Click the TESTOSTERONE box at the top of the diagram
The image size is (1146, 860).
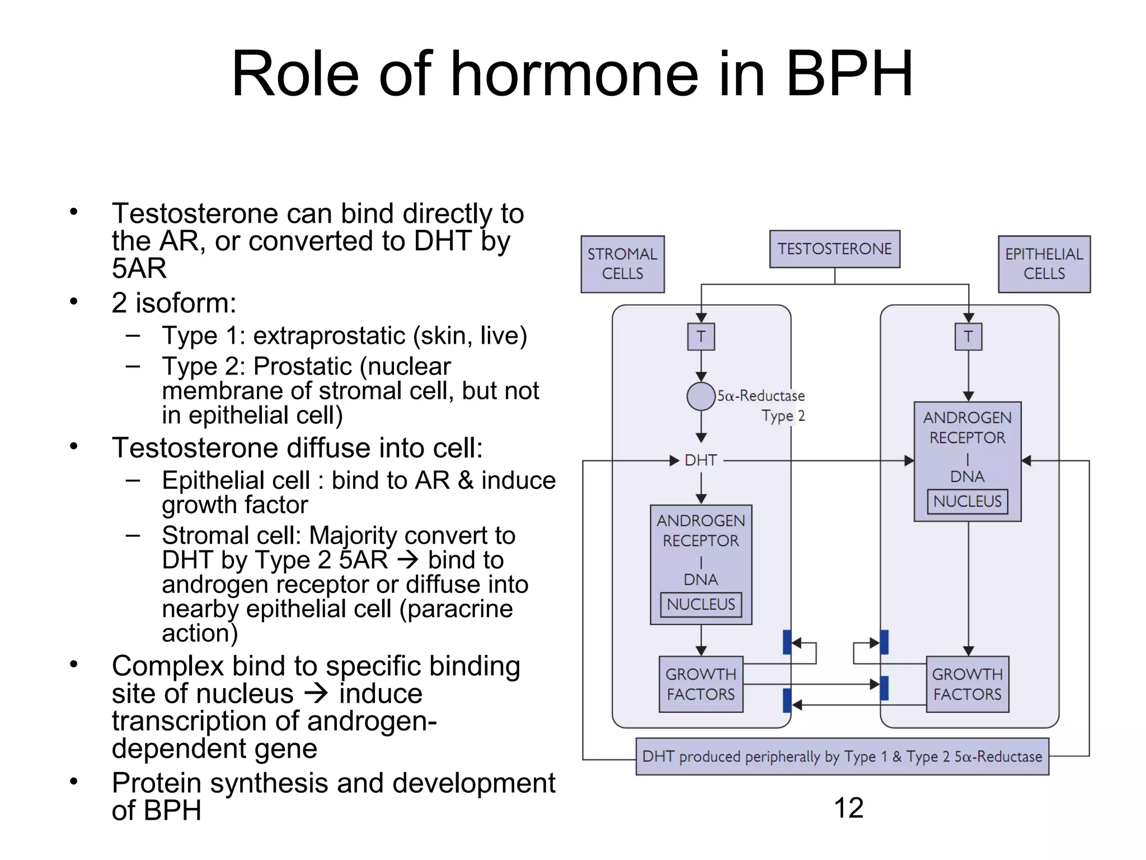834,249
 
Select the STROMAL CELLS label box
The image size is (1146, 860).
622,264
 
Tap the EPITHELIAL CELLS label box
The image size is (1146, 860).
1044,264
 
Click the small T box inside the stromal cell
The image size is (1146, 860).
701,336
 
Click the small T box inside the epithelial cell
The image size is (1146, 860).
968,336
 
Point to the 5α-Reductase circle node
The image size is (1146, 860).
701,396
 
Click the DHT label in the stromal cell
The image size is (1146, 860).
701,460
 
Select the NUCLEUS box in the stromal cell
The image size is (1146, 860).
701,604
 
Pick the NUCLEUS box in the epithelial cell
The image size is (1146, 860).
967,501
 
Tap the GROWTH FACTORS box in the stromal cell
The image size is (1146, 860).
701,684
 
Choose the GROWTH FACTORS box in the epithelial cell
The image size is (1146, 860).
967,684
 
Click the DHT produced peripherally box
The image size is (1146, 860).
842,756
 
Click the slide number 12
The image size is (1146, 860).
848,808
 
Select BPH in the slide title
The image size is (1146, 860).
849,74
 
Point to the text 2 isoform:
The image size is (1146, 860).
174,303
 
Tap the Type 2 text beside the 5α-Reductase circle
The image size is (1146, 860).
783,416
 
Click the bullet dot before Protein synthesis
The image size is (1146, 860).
73,782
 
